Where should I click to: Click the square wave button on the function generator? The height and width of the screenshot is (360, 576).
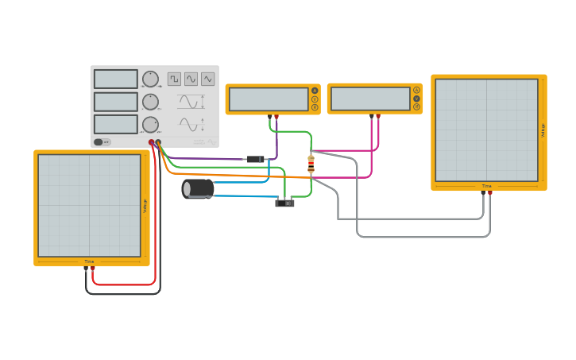(174, 79)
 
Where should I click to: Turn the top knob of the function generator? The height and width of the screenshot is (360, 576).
(150, 79)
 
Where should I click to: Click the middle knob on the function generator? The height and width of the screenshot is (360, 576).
(150, 102)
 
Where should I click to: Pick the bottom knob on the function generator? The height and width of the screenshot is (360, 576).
(150, 124)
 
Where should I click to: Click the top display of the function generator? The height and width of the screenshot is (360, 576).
(116, 79)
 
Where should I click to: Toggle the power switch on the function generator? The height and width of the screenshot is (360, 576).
(102, 142)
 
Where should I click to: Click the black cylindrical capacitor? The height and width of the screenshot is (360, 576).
(198, 188)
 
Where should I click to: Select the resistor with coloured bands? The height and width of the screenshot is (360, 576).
(311, 164)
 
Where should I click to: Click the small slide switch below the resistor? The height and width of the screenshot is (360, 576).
(284, 203)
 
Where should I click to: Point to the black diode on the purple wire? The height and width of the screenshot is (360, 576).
(255, 159)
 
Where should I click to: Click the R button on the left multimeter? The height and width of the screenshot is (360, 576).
(315, 107)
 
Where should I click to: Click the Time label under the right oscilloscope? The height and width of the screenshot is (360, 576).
(486, 186)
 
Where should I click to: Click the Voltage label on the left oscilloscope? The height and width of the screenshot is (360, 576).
(145, 206)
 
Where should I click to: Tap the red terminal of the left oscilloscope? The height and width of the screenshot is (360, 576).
(92, 269)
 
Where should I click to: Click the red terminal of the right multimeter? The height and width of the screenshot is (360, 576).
(378, 116)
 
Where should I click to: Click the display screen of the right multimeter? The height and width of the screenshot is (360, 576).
(370, 99)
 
